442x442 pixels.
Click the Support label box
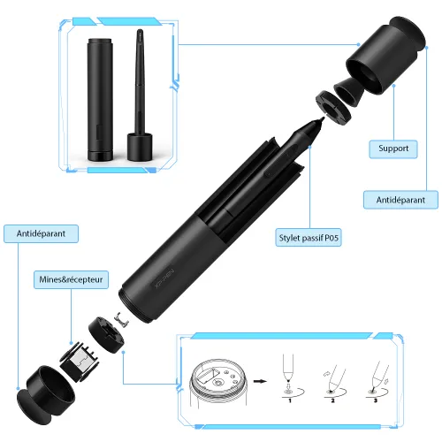click(393, 149)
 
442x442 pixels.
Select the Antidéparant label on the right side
click(400, 201)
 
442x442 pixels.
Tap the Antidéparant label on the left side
click(41, 233)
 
